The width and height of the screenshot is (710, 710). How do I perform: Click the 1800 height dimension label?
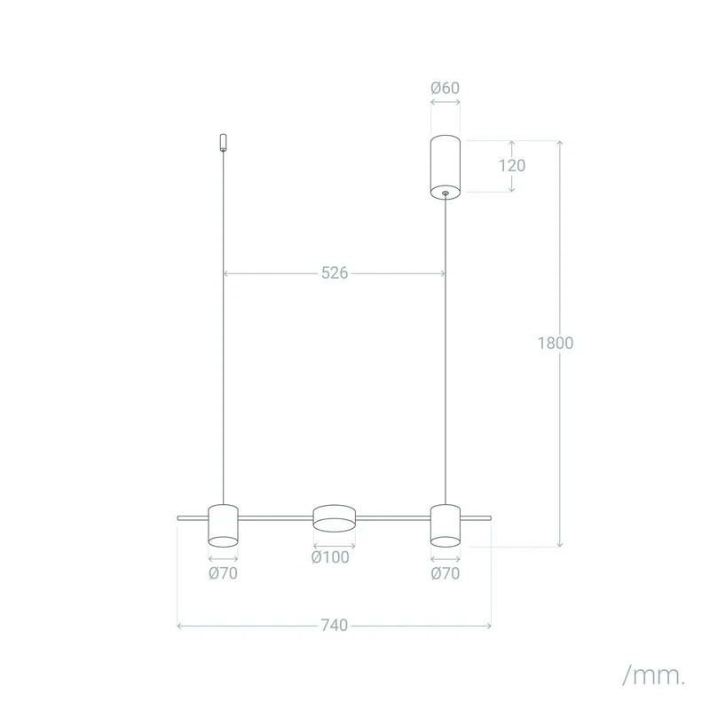[x=556, y=343]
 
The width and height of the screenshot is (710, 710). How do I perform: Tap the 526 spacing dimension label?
[x=335, y=272]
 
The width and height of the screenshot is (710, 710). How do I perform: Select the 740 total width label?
[x=335, y=625]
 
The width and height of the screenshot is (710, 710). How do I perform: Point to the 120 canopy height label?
[x=512, y=166]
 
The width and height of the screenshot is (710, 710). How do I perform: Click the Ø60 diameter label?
[x=446, y=87]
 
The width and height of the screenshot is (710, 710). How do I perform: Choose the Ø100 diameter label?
[x=330, y=557]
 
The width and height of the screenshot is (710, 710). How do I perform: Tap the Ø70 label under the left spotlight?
[x=223, y=573]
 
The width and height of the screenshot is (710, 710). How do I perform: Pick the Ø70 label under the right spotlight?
[x=446, y=573]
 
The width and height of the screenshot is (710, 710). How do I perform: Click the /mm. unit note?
[x=653, y=675]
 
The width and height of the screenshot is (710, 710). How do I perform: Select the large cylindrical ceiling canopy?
[x=446, y=167]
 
